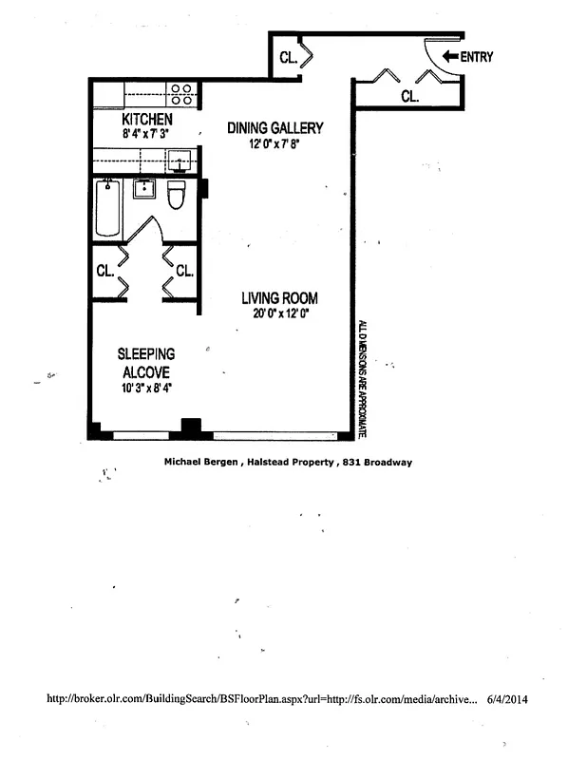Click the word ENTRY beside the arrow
coord(477,57)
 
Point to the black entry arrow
coord(449,57)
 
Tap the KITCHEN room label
coord(147,120)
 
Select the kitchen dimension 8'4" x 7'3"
coord(147,135)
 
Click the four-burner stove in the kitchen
coord(181,93)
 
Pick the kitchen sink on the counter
coord(180,163)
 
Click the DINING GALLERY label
coord(275,128)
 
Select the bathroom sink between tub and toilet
coord(144,189)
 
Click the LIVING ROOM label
coord(278,297)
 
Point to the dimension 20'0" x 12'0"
coord(278,313)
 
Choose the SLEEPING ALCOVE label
coord(146,363)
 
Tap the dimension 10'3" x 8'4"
coord(146,388)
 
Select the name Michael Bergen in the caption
coord(198,463)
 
